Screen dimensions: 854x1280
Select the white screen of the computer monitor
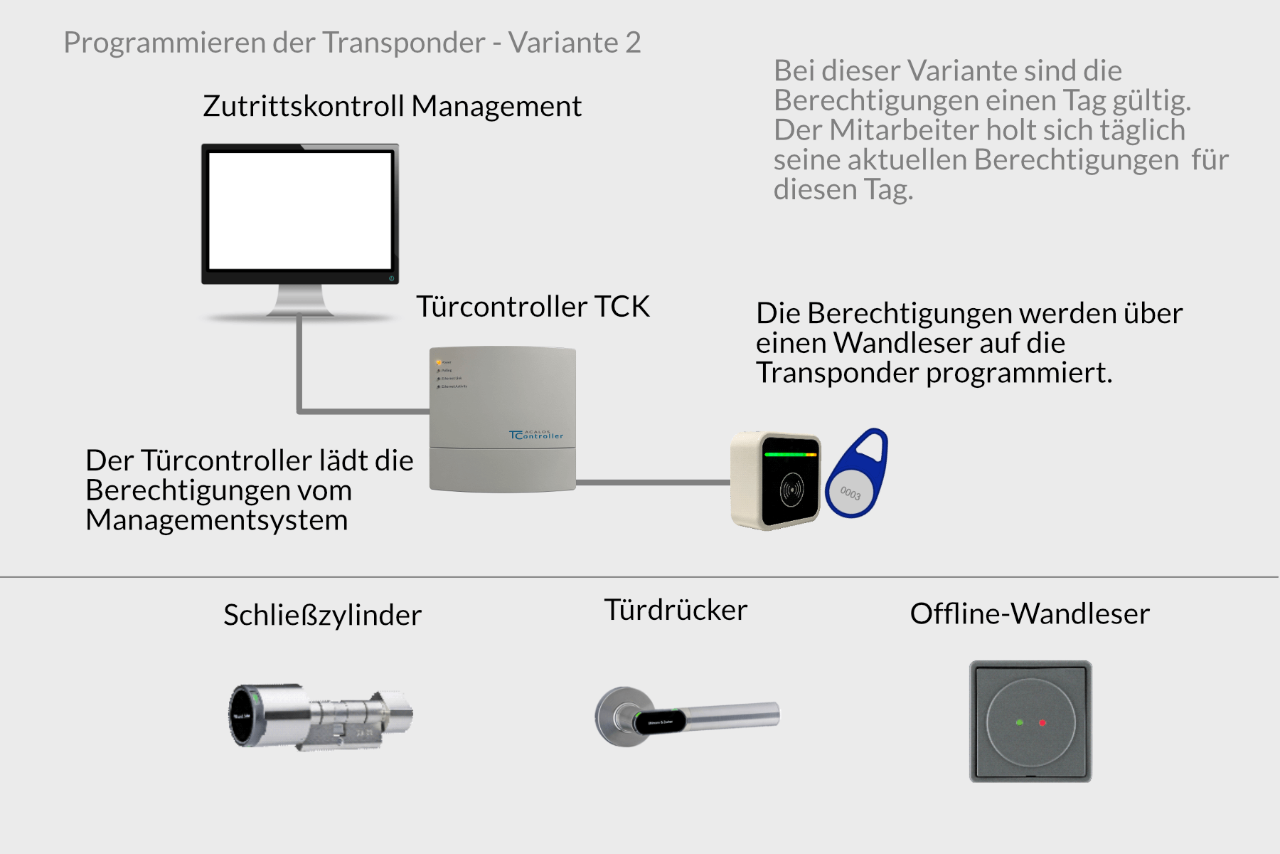(300, 211)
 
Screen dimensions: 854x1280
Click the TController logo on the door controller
(536, 434)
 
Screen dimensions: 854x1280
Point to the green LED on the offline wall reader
(1020, 722)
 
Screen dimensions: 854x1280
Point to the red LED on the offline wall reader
(1042, 722)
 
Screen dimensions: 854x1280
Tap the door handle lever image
(687, 717)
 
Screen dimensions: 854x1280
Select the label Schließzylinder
(322, 615)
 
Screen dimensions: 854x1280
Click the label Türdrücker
(676, 610)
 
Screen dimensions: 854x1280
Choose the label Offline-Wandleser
(1030, 613)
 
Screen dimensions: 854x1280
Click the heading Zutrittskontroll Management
(392, 106)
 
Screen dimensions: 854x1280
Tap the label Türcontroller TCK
(533, 307)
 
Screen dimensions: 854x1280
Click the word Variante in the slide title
(563, 43)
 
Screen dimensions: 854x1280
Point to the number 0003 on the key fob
(850, 492)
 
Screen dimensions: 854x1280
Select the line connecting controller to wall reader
(653, 482)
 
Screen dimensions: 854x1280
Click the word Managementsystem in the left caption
(217, 520)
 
